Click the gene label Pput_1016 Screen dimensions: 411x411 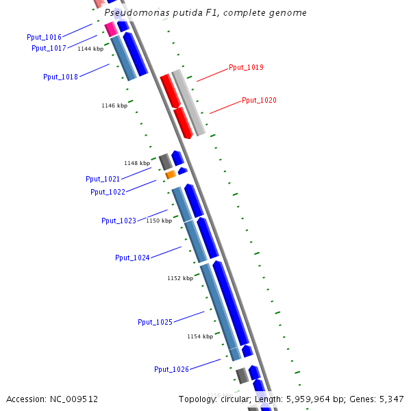point(44,37)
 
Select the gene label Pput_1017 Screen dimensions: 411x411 point(49,48)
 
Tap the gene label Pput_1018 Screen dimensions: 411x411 point(60,77)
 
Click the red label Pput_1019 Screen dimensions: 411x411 point(246,67)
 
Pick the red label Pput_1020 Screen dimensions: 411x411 point(259,100)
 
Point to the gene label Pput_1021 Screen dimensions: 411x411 point(103,179)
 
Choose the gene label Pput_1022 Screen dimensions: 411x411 point(108,192)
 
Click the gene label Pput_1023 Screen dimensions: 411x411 point(119,221)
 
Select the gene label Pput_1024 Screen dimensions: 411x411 point(132,258)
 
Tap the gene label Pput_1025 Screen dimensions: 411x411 point(155,322)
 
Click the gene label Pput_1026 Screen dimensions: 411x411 point(171,369)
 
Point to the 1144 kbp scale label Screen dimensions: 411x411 point(90,49)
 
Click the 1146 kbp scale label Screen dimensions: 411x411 point(114,105)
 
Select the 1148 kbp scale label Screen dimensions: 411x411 point(137,163)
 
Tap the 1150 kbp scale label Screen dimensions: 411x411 point(159,221)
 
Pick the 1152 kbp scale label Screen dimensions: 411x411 point(180,278)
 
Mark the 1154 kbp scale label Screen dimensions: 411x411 point(200,336)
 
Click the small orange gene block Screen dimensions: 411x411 point(171,175)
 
